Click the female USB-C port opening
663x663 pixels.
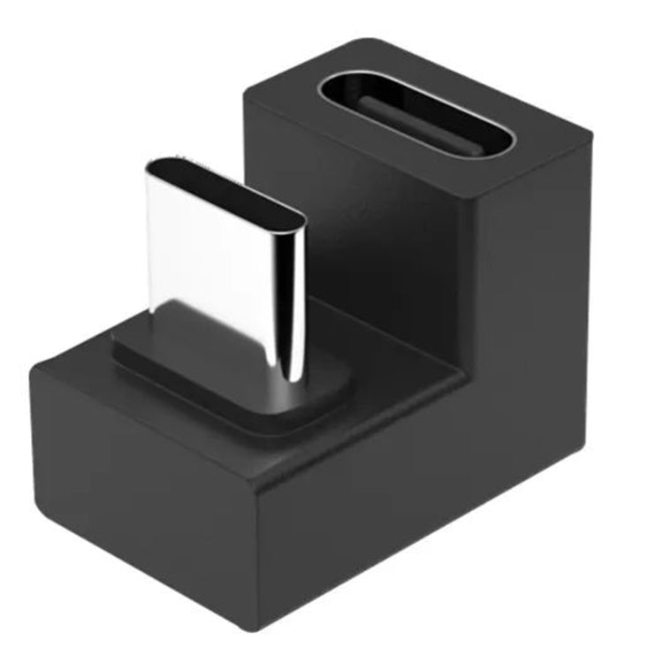pos(415,115)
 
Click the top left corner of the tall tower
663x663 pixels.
pos(246,91)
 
